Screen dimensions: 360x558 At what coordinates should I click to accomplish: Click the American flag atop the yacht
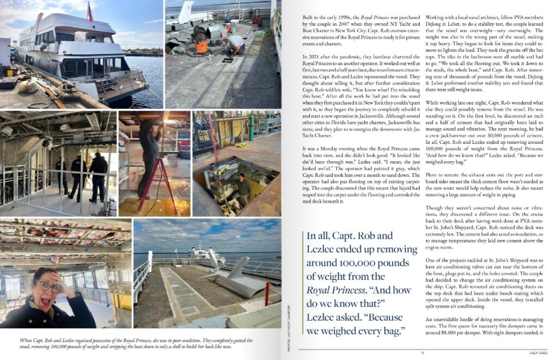[90, 11]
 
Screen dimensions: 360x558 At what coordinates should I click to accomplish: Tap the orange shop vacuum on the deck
[201, 43]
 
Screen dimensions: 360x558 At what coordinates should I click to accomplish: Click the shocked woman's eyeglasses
[48, 286]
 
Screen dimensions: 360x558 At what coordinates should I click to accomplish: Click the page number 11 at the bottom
[422, 352]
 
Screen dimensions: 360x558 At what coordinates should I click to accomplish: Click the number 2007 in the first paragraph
[349, 25]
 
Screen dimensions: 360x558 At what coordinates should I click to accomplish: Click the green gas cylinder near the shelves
[251, 127]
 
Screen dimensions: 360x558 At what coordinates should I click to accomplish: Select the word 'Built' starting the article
[308, 18]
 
